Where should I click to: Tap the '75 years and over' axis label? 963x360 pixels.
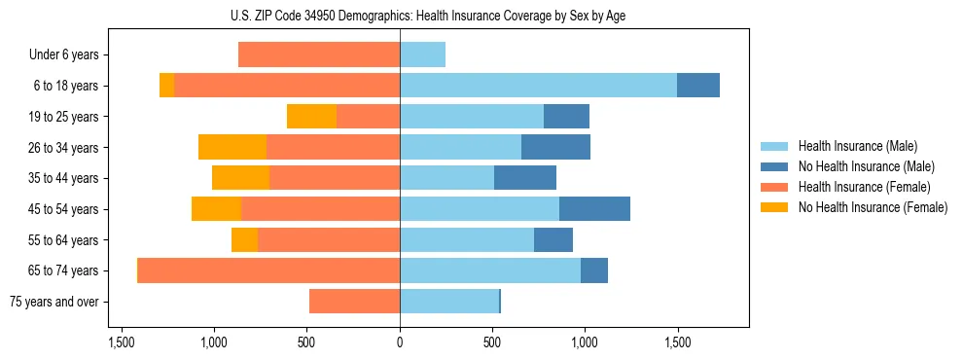click(x=54, y=302)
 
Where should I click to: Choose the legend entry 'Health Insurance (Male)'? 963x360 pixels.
click(x=857, y=146)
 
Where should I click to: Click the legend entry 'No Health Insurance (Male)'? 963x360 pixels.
click(x=866, y=166)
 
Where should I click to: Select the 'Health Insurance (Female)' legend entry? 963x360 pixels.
click(x=864, y=187)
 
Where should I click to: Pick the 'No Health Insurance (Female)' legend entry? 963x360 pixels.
click(x=873, y=207)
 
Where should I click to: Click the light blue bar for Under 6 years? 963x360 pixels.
click(x=422, y=55)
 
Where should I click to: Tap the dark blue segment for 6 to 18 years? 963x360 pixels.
click(x=698, y=86)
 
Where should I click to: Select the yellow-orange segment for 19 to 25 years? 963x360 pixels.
click(x=311, y=117)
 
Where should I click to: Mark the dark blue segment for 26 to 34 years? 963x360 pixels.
click(x=555, y=147)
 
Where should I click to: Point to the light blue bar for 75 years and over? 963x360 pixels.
click(x=448, y=302)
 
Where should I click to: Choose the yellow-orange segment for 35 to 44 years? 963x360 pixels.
click(x=240, y=178)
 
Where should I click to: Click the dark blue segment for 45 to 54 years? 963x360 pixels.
click(x=594, y=209)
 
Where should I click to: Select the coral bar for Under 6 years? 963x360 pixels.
click(x=319, y=55)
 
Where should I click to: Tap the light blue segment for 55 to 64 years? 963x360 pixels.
click(x=467, y=239)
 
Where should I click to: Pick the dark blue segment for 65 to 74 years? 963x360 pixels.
click(x=594, y=270)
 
